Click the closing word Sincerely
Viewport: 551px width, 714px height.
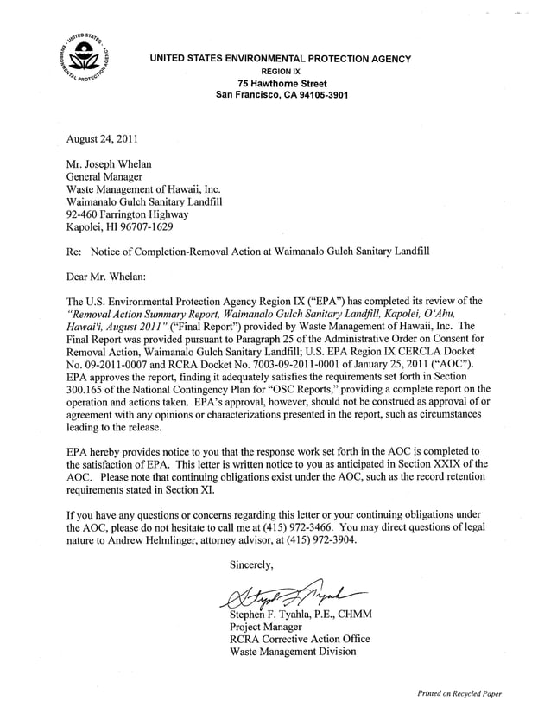tap(251, 565)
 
